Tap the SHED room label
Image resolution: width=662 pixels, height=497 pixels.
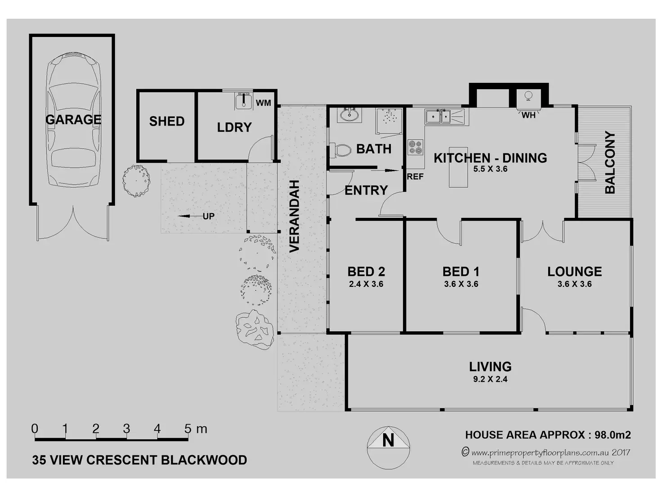point(166,121)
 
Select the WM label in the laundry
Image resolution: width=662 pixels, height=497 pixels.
point(264,103)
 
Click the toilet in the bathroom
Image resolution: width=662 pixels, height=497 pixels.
point(341,150)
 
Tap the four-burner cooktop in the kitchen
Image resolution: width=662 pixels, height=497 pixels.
point(416,147)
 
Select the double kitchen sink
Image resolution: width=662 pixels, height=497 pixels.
point(438,116)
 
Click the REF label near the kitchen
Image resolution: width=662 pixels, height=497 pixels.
point(415,177)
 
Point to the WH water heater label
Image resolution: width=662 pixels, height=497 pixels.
point(528,115)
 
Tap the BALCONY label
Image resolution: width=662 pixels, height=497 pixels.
point(610,163)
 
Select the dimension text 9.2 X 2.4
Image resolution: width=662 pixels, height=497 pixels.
point(490,379)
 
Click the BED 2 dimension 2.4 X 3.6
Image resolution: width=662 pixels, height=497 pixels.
point(366,284)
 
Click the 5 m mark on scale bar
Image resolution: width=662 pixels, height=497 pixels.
point(188,429)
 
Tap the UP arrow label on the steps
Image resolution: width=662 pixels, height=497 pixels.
point(208,216)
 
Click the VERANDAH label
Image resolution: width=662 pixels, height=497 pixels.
point(294,216)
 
